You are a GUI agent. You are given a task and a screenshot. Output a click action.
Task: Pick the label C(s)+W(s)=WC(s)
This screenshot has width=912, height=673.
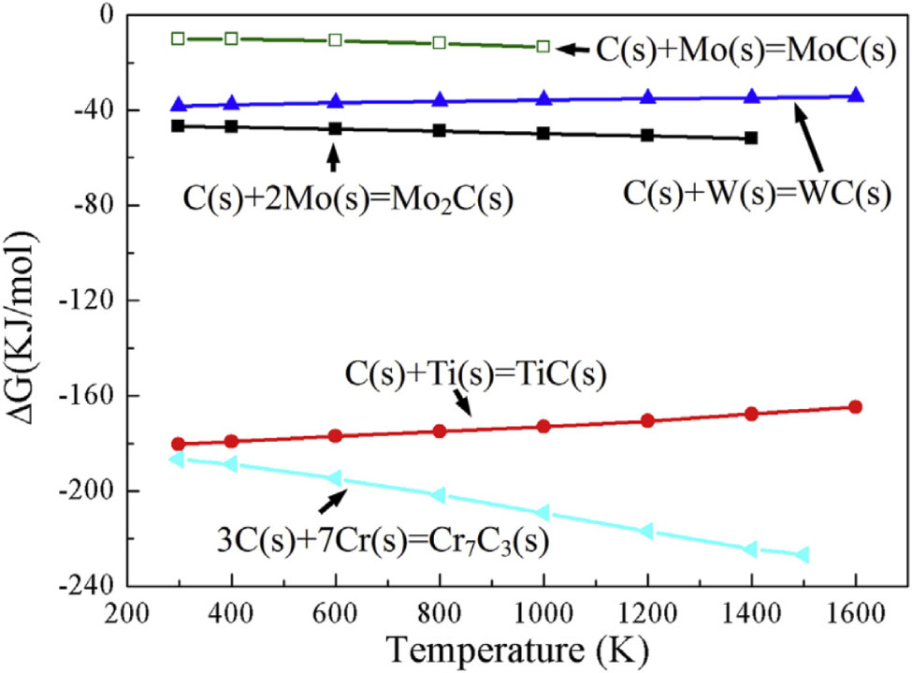coord(757,195)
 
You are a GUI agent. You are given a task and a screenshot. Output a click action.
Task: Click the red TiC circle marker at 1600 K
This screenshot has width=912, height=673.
coord(855,406)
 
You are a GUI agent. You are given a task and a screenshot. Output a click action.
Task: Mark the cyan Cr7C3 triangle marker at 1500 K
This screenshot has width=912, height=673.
coord(803,555)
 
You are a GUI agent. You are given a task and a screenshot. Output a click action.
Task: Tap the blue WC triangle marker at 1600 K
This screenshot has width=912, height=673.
coord(855,95)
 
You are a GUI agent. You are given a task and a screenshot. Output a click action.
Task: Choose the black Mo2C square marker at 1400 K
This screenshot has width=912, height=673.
coord(751,138)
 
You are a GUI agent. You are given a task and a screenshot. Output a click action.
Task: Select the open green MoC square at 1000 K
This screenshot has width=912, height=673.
coord(543,46)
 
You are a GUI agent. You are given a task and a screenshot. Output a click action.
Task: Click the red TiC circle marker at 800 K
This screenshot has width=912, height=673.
coord(439,431)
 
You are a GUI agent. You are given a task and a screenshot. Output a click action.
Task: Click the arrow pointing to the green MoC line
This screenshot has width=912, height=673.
coord(575,47)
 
